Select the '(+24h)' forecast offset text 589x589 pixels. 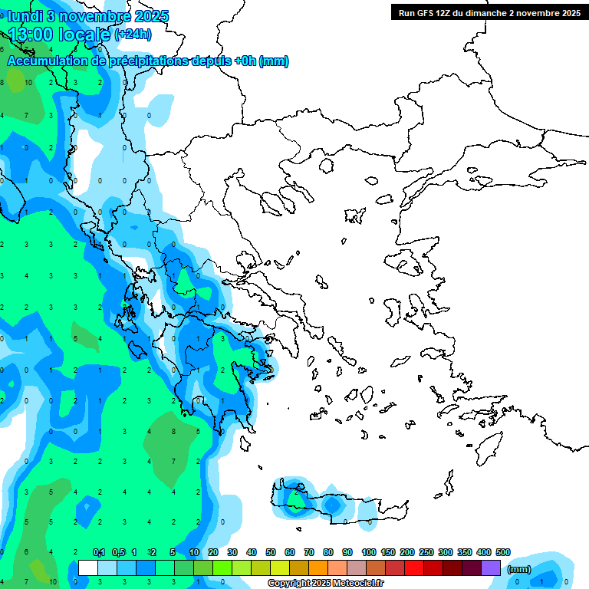point(133,35)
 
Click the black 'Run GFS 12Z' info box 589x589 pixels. point(489,13)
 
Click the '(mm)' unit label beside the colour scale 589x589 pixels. point(519,569)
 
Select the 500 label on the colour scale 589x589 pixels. point(502,552)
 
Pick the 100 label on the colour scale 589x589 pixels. point(368,552)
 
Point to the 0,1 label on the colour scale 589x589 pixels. point(99,552)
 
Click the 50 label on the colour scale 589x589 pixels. point(271,552)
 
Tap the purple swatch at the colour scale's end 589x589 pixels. point(492,568)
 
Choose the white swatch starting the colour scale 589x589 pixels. point(88,568)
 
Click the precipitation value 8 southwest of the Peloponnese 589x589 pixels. point(174,431)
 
